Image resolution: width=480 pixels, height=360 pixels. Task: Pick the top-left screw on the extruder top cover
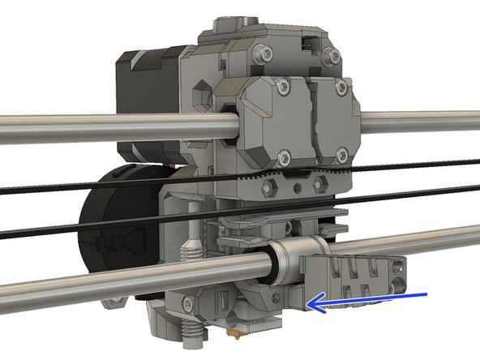257,51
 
